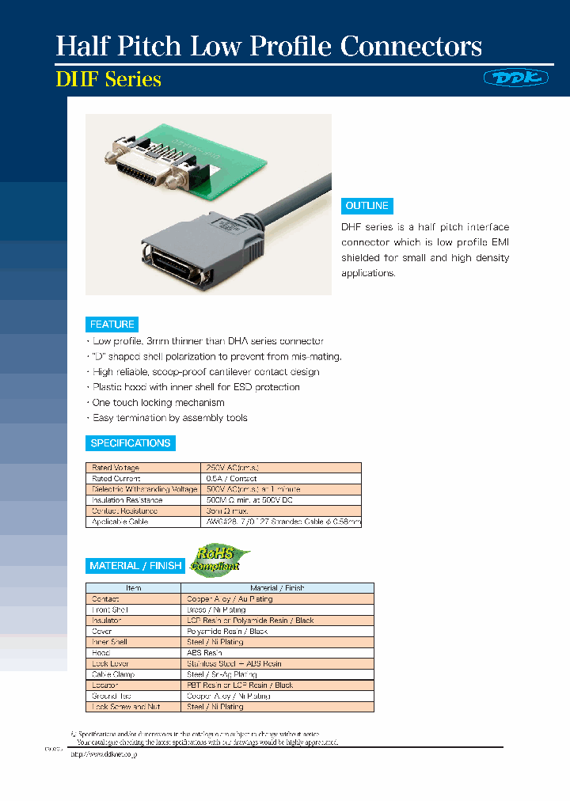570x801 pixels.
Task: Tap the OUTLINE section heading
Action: [x=367, y=206]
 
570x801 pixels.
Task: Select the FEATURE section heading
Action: [x=112, y=324]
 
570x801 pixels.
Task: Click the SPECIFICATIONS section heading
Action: [x=131, y=443]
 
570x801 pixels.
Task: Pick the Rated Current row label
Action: [x=116, y=479]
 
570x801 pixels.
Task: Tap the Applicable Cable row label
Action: [x=120, y=522]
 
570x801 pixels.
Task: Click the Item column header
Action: [x=134, y=588]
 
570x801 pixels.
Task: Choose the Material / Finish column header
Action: [x=277, y=588]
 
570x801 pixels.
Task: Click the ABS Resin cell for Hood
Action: [x=204, y=653]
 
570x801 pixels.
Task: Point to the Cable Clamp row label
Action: [x=113, y=674]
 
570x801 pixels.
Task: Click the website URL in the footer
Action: [x=104, y=755]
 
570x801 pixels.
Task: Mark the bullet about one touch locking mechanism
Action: [x=158, y=402]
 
